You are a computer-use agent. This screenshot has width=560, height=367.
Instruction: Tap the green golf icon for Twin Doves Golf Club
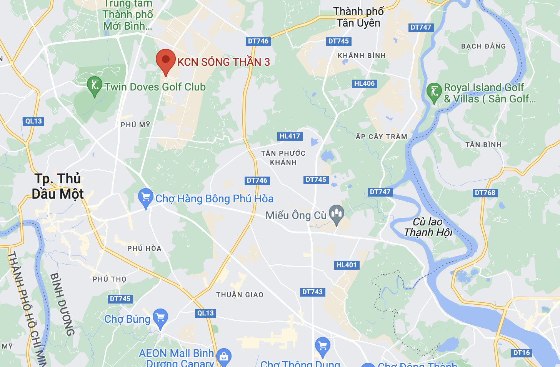click(95, 85)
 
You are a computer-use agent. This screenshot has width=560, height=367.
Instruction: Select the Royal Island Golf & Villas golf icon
click(434, 92)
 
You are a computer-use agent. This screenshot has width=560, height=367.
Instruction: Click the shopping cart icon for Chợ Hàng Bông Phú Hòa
click(146, 197)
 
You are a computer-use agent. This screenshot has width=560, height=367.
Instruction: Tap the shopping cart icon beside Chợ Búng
click(160, 318)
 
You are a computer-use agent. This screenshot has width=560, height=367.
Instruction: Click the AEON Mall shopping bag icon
click(224, 357)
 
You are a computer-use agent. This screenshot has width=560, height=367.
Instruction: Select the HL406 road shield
click(364, 83)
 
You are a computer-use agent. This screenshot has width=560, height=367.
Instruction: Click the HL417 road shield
click(290, 136)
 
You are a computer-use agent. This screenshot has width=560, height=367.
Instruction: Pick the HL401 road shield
click(347, 265)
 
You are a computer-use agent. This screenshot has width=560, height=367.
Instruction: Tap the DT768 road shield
click(485, 193)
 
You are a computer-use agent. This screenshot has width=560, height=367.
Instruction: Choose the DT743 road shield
click(312, 292)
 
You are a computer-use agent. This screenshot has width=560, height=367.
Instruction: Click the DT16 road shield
click(522, 353)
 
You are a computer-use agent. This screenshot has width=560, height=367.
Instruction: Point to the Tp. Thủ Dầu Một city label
click(58, 186)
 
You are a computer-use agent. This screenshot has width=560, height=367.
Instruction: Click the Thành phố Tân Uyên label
click(358, 17)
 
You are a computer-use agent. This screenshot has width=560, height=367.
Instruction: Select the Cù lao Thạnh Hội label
click(428, 227)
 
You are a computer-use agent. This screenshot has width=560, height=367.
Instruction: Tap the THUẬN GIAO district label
click(240, 295)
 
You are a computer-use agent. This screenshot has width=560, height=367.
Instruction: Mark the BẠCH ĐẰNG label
click(483, 46)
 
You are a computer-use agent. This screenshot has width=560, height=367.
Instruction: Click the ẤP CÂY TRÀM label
click(381, 137)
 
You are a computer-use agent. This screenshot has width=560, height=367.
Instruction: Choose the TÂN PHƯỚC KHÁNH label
click(283, 158)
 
